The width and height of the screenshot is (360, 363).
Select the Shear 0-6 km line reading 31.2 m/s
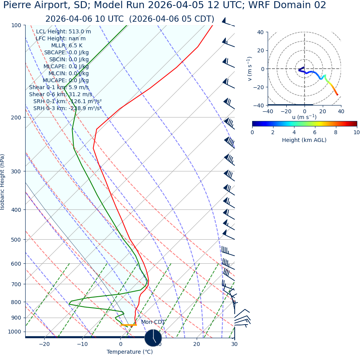(x=61, y=94)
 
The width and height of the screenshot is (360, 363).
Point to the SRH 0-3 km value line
(x=67, y=108)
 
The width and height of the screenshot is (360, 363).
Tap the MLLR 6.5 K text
(x=67, y=46)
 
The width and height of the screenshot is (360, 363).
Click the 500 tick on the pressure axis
(x=16, y=240)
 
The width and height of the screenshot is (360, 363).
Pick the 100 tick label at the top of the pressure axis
(x=16, y=25)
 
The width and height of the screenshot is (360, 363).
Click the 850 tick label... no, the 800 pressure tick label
(x=16, y=302)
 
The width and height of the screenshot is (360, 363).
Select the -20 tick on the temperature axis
(x=44, y=344)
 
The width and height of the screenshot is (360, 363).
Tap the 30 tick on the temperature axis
(x=234, y=344)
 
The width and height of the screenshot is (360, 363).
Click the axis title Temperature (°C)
(x=130, y=352)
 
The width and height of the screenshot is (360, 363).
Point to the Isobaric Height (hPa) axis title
(x=3, y=182)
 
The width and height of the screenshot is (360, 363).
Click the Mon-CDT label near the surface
(x=153, y=322)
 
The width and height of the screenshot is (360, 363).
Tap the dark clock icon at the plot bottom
(x=153, y=338)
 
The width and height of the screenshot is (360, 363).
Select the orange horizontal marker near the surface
(x=128, y=325)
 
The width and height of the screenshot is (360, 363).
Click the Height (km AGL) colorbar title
(x=304, y=140)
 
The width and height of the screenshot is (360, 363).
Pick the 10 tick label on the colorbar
(x=356, y=133)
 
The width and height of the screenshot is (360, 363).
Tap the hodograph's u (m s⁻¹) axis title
(x=304, y=117)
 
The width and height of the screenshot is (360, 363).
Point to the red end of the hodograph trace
(x=337, y=95)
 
